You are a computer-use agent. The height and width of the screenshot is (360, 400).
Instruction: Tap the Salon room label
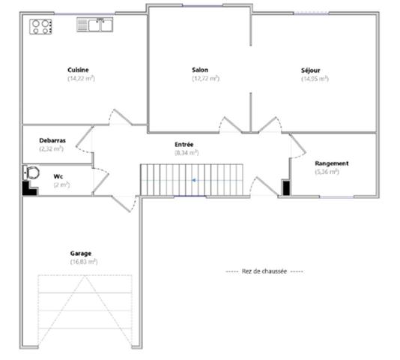[x=200, y=70]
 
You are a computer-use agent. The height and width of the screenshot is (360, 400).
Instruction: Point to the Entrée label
[x=184, y=143]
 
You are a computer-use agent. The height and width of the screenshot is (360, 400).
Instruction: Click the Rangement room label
[x=332, y=163]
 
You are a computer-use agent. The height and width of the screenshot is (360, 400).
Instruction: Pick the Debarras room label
[x=51, y=140]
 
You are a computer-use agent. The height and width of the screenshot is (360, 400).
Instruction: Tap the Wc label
[x=58, y=176]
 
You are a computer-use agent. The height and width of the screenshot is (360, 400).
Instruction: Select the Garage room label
[x=80, y=253]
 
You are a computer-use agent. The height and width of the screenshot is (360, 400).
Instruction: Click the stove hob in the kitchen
[x=41, y=26]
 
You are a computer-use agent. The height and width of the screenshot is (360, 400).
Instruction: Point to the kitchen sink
[x=94, y=25]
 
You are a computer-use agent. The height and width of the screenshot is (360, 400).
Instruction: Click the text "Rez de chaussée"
[x=264, y=271]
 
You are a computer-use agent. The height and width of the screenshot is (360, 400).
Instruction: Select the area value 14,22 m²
[x=80, y=78]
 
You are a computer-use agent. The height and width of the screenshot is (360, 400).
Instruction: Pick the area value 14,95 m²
[x=315, y=78]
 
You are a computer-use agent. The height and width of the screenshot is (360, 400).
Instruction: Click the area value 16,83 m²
[x=83, y=262]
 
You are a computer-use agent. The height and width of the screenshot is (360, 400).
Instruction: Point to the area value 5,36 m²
[x=327, y=171]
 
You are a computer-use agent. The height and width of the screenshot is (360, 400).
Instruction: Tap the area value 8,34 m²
[x=186, y=152]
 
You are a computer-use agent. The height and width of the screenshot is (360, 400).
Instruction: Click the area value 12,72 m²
[x=204, y=78]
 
